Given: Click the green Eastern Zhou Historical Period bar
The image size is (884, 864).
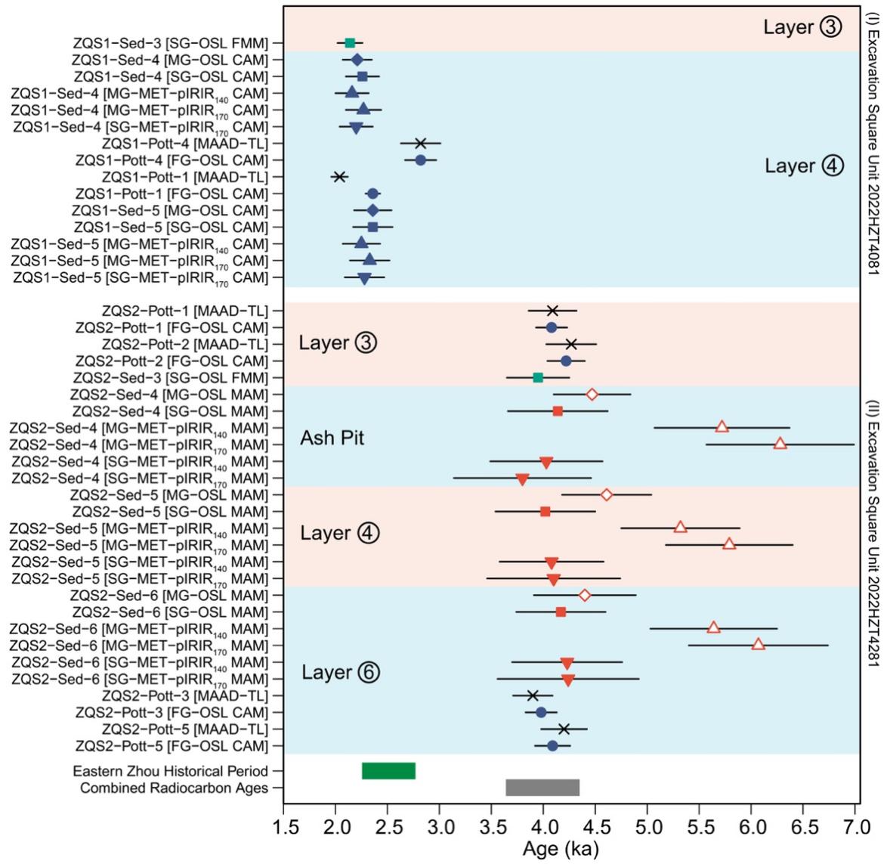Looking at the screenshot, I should (x=388, y=771).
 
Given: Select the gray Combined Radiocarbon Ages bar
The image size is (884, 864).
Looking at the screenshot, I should (x=542, y=788).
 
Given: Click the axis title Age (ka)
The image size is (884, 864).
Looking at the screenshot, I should (x=560, y=849).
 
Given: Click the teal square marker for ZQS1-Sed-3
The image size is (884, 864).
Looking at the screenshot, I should (x=350, y=43).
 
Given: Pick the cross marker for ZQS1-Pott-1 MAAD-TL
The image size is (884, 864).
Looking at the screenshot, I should (x=339, y=177).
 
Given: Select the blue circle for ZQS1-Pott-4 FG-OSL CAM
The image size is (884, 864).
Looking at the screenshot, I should (x=421, y=160).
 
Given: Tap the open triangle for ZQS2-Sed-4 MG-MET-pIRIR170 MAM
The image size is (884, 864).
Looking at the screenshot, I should (x=780, y=444).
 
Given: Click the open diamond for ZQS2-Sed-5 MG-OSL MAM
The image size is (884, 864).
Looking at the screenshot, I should (x=607, y=494).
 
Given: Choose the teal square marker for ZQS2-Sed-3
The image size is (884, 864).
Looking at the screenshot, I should (x=538, y=377).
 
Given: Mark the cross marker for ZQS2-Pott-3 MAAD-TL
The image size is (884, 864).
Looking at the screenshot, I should (x=533, y=695).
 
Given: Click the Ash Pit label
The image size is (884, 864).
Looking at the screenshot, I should (x=332, y=438).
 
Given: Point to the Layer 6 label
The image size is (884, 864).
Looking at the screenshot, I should (x=338, y=673).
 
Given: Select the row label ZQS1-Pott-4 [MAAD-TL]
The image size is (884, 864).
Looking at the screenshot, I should (x=185, y=144).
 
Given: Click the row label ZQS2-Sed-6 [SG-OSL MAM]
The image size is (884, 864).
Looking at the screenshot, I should (x=170, y=612).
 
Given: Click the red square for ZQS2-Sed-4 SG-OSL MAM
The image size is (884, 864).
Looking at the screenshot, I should (x=558, y=411).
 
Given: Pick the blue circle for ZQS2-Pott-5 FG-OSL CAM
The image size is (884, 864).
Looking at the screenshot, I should (x=552, y=746).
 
